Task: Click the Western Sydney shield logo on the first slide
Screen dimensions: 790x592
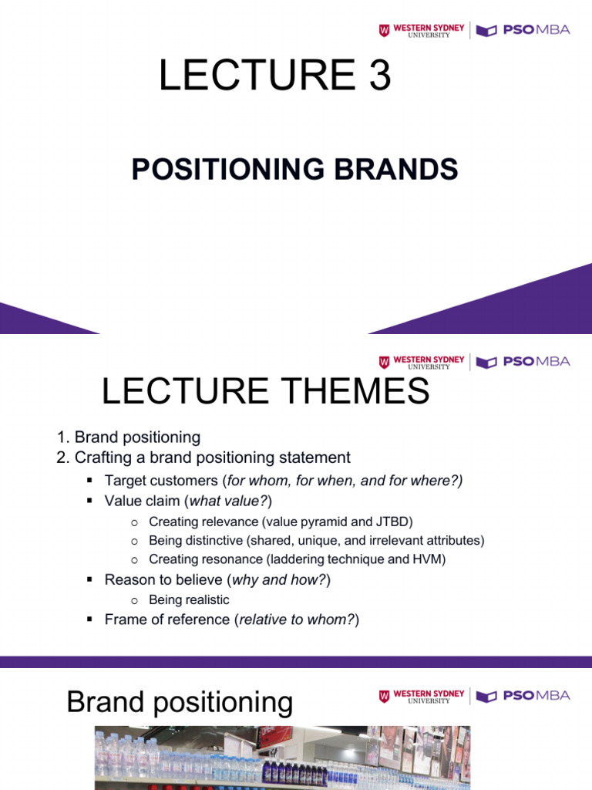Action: [384, 31]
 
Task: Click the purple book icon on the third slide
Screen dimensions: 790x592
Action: [486, 697]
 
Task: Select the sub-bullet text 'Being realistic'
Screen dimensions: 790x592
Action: [189, 599]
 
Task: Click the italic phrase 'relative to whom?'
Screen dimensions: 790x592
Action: [297, 619]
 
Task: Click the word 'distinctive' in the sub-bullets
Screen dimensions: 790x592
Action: [212, 540]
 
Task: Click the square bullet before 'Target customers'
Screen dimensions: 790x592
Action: [89, 481]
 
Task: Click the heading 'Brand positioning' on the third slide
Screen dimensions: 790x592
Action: [180, 702]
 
